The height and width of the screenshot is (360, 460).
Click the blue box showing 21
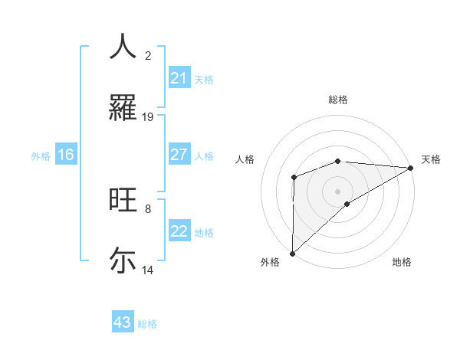tap(179, 78)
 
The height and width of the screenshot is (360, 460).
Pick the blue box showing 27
tap(179, 155)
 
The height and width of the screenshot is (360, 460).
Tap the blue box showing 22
tap(179, 231)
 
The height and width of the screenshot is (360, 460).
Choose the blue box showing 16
tap(66, 155)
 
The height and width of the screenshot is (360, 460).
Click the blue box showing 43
tap(123, 322)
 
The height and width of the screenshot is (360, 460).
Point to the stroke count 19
tap(148, 117)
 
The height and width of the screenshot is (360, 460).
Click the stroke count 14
tap(148, 270)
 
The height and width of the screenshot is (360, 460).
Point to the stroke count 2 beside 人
tap(148, 56)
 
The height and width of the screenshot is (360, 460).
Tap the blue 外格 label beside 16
tap(41, 155)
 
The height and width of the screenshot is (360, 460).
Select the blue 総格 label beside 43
tap(147, 324)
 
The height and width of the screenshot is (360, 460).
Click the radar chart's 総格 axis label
tap(338, 100)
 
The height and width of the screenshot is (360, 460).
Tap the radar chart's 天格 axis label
tap(431, 159)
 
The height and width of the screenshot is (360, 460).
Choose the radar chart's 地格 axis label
tap(402, 262)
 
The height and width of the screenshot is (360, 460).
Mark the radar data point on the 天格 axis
tap(410, 167)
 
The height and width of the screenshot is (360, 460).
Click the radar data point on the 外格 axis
tap(292, 253)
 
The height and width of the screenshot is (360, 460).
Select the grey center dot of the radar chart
tap(337, 191)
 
